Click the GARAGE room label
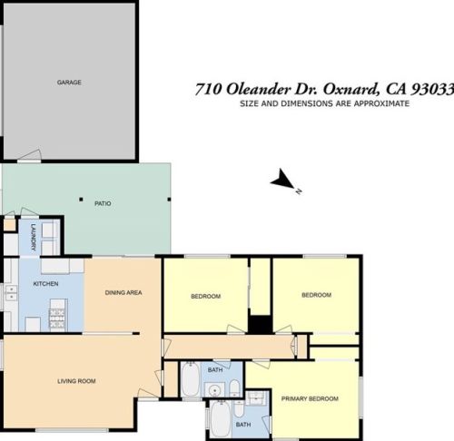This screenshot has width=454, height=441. [69, 83]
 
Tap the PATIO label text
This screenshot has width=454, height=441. [103, 203]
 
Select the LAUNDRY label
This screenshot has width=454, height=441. [34, 237]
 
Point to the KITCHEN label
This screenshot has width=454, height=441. [45, 284]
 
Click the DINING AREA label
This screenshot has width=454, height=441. [123, 292]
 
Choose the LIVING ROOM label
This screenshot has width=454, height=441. [76, 381]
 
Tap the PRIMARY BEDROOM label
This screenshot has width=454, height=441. [310, 398]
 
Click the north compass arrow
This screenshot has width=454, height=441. [284, 180]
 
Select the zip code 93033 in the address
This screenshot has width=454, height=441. [433, 89]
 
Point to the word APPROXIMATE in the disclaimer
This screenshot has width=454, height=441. [381, 103]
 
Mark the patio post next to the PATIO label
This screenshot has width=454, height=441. [81, 200]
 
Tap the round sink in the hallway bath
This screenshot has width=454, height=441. [215, 390]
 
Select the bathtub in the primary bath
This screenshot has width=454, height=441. [221, 418]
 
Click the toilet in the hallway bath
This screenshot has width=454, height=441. [234, 388]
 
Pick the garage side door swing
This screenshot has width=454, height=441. [29, 155]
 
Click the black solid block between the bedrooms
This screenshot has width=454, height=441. [261, 325]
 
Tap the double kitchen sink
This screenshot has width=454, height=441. [11, 293]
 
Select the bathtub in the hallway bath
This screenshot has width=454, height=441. [191, 379]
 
